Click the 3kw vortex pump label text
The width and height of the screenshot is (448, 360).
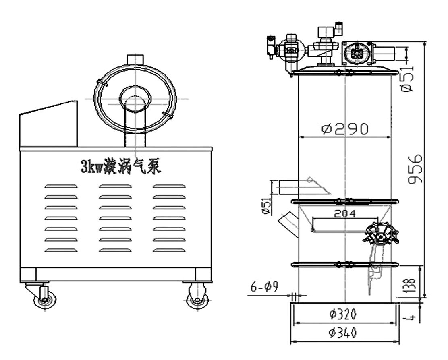pos(120,166)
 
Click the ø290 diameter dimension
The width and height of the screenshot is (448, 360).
pos(345,129)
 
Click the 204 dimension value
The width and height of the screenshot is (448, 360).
pos(345,214)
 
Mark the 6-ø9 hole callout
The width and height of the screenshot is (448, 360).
pos(264,287)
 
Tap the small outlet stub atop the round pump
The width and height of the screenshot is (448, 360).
pos(135,60)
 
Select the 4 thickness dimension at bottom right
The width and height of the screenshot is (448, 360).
pos(412,318)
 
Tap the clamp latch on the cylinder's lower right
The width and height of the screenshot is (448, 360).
pos(381,238)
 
